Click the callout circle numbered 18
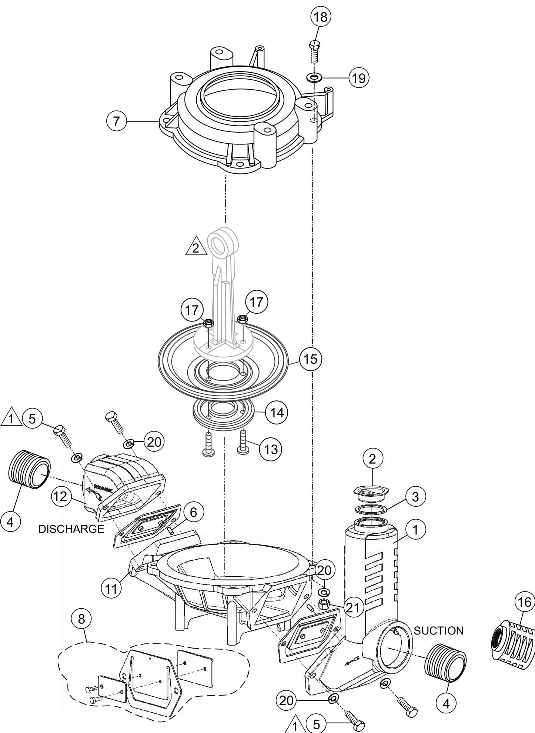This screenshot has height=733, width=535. point(321,17)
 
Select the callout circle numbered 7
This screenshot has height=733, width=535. point(117,121)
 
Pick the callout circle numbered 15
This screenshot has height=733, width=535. point(311,359)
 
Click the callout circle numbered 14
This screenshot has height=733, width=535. point(276,412)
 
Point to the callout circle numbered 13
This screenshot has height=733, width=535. point(271,449)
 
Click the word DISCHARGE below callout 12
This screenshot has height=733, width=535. point(71,529)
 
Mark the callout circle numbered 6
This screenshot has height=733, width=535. point(193,513)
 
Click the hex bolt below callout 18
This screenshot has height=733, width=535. point(314,51)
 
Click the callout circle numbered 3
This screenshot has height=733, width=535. point(415,497)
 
